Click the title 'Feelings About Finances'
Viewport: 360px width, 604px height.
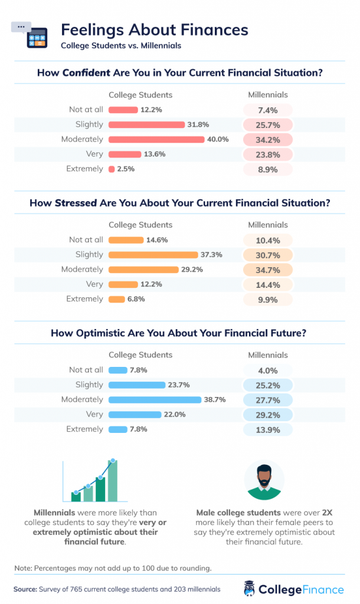(155, 30)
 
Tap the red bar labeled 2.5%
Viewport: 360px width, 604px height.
(111, 169)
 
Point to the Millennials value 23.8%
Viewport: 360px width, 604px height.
(269, 154)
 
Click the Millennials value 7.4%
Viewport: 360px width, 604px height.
(269, 110)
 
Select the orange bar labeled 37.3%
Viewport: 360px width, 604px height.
(153, 255)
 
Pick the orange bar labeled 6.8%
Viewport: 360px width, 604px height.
(116, 299)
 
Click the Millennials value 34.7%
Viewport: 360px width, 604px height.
(269, 270)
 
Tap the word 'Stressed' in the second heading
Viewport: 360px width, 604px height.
(76, 203)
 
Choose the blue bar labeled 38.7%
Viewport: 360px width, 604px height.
(155, 399)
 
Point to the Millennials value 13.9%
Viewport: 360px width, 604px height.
(269, 429)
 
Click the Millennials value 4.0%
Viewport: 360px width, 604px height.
(269, 370)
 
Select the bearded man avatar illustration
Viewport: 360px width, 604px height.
(264, 480)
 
